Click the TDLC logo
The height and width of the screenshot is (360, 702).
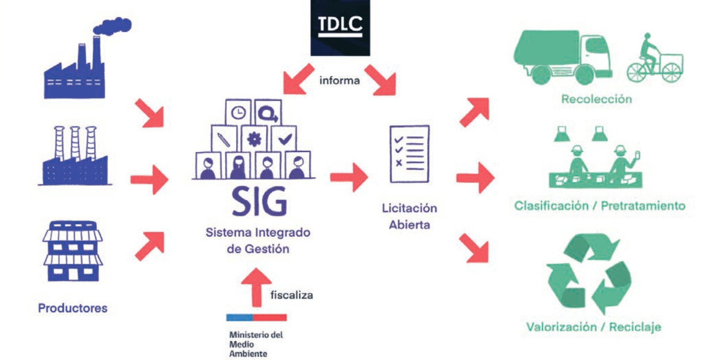340,27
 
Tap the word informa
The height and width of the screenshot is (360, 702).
339,81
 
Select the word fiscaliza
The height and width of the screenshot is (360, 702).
291,295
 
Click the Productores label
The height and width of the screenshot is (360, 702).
73,308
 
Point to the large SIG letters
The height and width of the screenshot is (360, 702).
259,202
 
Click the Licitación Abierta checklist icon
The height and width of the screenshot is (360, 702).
409,154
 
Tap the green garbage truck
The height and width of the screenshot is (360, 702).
562,57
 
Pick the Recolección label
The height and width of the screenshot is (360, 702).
596,99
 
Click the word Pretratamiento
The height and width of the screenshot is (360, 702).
643,205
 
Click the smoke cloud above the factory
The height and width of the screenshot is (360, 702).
113,26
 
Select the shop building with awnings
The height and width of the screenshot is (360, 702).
73,251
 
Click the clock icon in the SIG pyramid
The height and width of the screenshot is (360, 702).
238,112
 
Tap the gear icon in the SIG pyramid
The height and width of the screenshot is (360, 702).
254,139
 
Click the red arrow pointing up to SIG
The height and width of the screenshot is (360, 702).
257,287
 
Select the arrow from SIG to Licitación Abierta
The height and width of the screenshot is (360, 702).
349,177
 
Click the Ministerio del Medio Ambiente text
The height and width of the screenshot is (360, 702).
256,344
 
